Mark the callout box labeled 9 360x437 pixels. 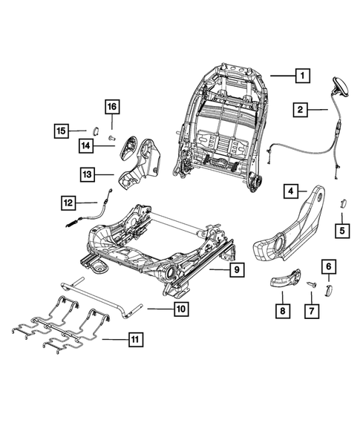click(235, 271)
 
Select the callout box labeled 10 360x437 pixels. click(180, 308)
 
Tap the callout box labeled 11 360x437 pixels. click(134, 341)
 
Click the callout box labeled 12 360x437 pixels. click(68, 201)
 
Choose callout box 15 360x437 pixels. click(62, 131)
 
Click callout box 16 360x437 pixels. click(111, 108)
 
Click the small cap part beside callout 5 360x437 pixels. click(343, 200)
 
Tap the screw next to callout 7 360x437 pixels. click(312, 284)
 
